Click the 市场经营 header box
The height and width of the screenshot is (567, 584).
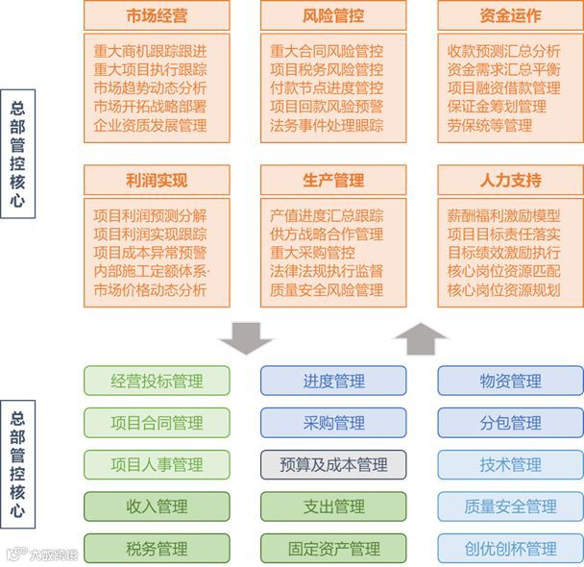[157, 16]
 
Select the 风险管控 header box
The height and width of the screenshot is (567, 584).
[333, 16]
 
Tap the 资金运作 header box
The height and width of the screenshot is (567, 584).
[510, 16]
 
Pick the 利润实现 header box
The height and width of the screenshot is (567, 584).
[157, 180]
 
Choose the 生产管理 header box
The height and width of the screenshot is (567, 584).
[333, 180]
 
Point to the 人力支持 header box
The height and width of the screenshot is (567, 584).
[510, 180]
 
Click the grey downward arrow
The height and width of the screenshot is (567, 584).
[246, 337]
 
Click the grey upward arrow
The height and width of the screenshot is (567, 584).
[421, 337]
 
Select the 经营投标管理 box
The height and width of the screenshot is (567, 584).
[157, 381]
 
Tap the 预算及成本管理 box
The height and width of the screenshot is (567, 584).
[333, 465]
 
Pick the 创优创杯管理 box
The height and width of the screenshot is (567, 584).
[510, 549]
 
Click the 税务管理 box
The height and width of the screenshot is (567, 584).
[157, 549]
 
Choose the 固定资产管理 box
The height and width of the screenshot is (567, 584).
[333, 549]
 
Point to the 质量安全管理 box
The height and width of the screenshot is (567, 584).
[510, 506]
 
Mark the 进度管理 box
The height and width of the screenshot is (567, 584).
[333, 381]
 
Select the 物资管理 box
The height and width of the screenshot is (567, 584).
[510, 381]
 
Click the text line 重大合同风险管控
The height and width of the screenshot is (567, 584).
[327, 51]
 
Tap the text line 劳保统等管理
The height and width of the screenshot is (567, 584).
[490, 125]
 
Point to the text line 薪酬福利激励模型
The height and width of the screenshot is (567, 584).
[504, 215]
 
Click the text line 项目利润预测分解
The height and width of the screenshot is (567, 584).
[150, 215]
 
